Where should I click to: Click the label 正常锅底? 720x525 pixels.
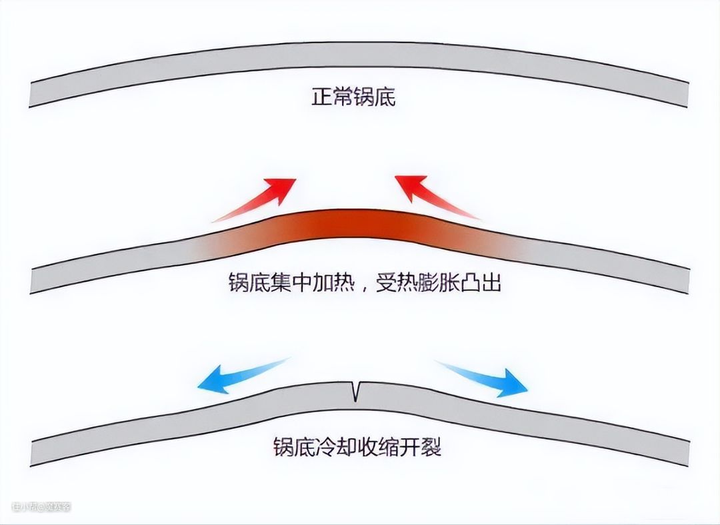pyautogui.click(x=353, y=98)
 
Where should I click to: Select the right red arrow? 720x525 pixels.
pyautogui.click(x=436, y=197)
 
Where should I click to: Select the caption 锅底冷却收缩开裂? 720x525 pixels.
pyautogui.click(x=357, y=446)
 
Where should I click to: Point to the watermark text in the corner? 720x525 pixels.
pyautogui.click(x=41, y=506)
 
